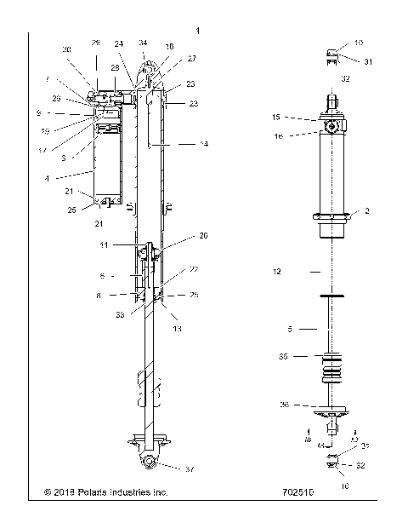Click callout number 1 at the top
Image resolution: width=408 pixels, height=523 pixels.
198,31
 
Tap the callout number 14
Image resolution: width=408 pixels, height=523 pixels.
202,145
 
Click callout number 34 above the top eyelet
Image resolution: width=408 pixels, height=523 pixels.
143,42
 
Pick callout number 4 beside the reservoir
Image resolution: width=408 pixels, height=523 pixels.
71,179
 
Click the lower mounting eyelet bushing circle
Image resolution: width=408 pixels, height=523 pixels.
149,461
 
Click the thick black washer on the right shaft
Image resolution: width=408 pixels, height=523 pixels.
331,296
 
